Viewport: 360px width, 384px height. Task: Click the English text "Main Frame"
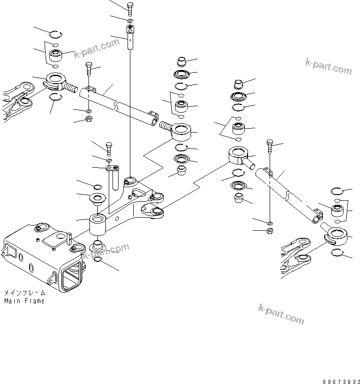click(x=24, y=301)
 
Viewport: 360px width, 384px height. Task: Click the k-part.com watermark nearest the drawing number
click(x=281, y=314)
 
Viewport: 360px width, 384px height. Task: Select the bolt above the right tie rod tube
click(x=269, y=147)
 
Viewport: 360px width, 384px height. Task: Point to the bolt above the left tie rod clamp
click(x=89, y=70)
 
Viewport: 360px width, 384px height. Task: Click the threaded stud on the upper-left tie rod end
click(x=71, y=87)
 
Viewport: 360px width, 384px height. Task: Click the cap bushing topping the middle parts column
click(x=181, y=62)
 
